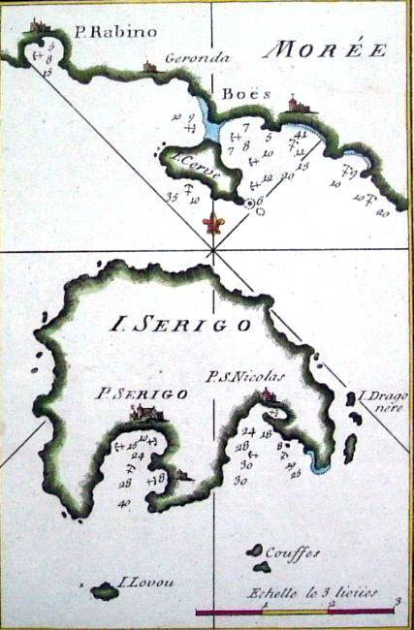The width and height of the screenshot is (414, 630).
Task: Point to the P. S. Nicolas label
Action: click(246, 376)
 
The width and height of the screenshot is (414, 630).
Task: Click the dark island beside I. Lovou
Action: click(103, 588)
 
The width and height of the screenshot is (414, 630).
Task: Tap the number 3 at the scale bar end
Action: click(398, 603)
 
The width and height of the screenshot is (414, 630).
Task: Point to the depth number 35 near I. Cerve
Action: click(174, 197)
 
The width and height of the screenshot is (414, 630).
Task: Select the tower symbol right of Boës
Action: click(293, 103)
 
